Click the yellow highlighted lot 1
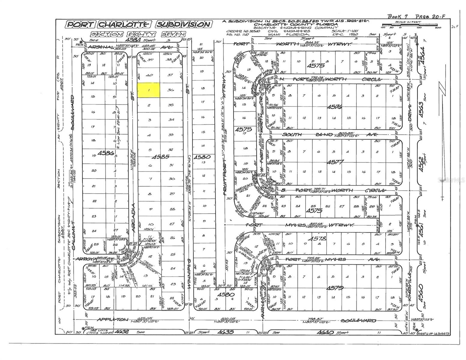click(149, 90)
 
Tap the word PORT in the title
click(80, 24)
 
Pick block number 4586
click(107, 153)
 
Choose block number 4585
click(161, 156)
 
